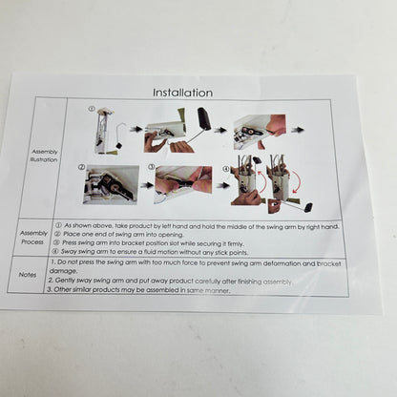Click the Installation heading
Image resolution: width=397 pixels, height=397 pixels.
click(x=182, y=93)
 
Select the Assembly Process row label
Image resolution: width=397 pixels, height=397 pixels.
click(x=34, y=237)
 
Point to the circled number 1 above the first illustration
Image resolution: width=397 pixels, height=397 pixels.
click(x=92, y=108)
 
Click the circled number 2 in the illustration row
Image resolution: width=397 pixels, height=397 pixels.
click(x=82, y=166)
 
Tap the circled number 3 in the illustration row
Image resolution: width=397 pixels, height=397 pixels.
click(x=151, y=167)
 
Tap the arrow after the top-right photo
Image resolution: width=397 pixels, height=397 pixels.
click(x=298, y=129)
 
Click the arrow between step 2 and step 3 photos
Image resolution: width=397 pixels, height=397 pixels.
click(x=147, y=185)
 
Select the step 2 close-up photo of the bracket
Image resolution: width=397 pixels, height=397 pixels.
click(x=111, y=184)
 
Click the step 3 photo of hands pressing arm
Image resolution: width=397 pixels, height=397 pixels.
click(x=184, y=180)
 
